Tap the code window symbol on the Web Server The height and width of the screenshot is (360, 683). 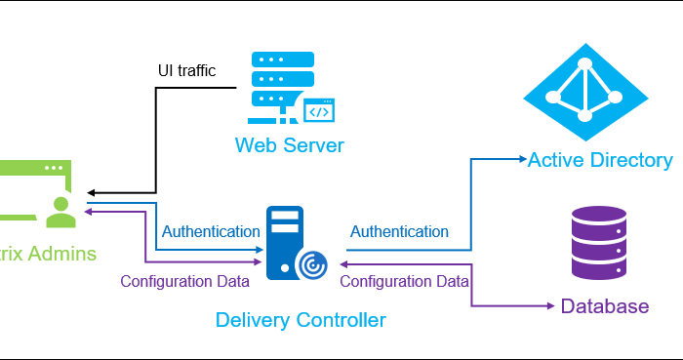(319, 112)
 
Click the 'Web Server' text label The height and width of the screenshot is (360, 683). (289, 146)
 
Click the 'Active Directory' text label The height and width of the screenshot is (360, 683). (600, 160)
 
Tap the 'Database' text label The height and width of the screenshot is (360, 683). (604, 306)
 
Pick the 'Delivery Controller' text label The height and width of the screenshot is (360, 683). (301, 320)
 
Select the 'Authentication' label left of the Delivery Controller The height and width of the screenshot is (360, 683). (211, 232)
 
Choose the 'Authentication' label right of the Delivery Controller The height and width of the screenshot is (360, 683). (399, 232)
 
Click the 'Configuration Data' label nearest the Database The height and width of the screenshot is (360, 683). (404, 281)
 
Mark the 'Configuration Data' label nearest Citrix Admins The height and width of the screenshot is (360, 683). (184, 281)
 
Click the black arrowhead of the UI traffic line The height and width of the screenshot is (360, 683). (89, 190)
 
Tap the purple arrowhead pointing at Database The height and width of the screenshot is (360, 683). (552, 305)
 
